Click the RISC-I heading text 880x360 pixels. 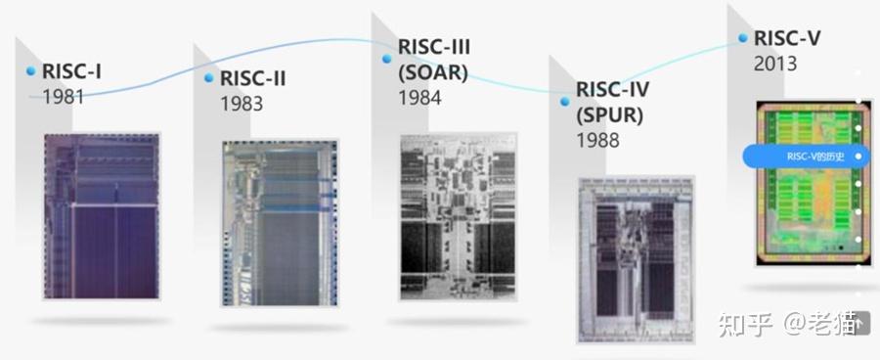pyautogui.click(x=73, y=71)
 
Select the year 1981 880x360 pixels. pyautogui.click(x=63, y=97)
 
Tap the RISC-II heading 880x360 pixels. pyautogui.click(x=253, y=78)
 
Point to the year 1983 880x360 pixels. pyautogui.click(x=242, y=104)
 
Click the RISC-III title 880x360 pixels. pyautogui.click(x=435, y=46)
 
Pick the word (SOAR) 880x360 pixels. pyautogui.click(x=433, y=72)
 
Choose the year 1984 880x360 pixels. pyautogui.click(x=419, y=98)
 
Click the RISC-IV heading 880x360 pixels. pyautogui.click(x=612, y=90)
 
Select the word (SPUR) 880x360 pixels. pyautogui.click(x=609, y=115)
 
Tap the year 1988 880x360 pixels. pyautogui.click(x=597, y=141)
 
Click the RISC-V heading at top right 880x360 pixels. pyautogui.click(x=787, y=39)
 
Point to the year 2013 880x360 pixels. pyautogui.click(x=775, y=65)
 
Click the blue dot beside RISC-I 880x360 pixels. pyautogui.click(x=31, y=71)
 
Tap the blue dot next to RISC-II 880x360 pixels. pyautogui.click(x=209, y=78)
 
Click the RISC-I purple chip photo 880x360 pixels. pyautogui.click(x=101, y=216)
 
